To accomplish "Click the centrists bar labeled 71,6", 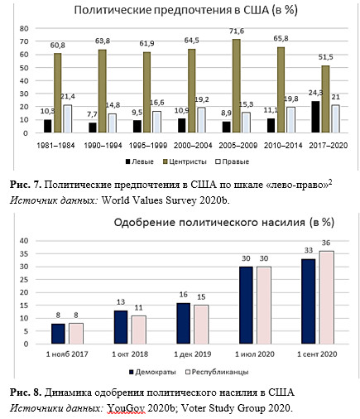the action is click(x=237, y=86).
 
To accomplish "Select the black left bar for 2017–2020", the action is click(x=315, y=117).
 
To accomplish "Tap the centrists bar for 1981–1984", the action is click(x=58, y=93).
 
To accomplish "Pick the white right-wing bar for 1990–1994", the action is click(x=113, y=123).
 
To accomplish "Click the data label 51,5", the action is click(x=326, y=57).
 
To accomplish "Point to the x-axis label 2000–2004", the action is click(x=193, y=146).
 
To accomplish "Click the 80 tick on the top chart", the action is click(x=24, y=28).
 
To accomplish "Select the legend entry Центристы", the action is click(x=185, y=161).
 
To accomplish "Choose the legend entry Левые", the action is click(x=140, y=161).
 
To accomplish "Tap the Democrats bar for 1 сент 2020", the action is click(x=308, y=301).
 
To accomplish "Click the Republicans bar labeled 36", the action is click(x=326, y=297).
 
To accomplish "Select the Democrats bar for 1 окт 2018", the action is click(x=121, y=327).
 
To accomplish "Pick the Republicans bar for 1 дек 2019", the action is click(x=201, y=325).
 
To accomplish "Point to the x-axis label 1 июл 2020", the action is click(x=255, y=354).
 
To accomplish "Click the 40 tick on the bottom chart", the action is click(x=24, y=241).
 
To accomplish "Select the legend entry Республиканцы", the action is click(x=218, y=372).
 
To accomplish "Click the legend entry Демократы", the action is click(x=153, y=372).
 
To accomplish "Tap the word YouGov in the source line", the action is click(x=126, y=408).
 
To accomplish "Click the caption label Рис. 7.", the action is click(x=26, y=185).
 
